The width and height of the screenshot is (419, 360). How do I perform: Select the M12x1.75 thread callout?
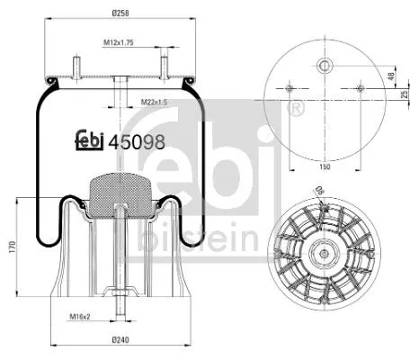(118, 43)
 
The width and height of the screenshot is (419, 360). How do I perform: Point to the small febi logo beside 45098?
(87, 140)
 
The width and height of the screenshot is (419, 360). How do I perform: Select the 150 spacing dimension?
(323, 166)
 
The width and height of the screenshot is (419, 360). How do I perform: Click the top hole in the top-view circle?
(323, 65)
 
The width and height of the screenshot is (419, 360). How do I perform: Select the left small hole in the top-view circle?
(287, 88)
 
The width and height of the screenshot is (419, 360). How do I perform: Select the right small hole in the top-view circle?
(359, 88)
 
